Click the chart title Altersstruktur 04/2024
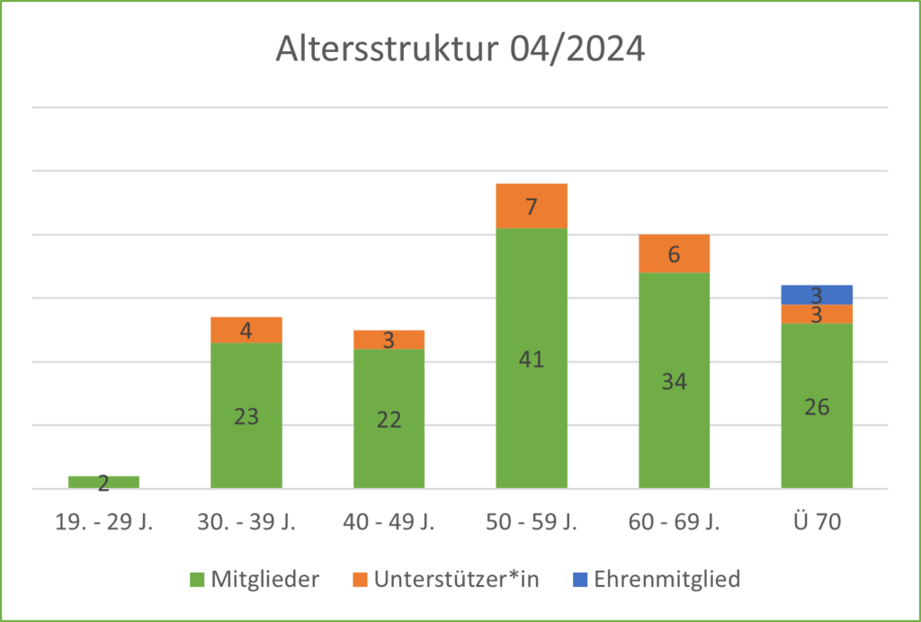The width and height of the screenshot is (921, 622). (x=460, y=49)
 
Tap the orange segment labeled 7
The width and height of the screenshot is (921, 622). (x=531, y=206)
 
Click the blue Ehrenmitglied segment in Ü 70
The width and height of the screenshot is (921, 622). (x=817, y=294)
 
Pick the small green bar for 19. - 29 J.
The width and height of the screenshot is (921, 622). (x=103, y=482)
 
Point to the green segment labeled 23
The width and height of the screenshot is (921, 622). (x=246, y=415)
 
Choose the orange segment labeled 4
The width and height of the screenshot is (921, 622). (x=246, y=330)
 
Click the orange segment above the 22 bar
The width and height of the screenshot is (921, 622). (x=389, y=339)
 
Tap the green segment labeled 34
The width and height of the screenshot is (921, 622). (x=674, y=380)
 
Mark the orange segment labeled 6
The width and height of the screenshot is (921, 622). (x=674, y=253)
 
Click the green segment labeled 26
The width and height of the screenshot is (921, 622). (x=817, y=405)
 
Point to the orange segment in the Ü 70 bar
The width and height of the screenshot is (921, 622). (x=817, y=314)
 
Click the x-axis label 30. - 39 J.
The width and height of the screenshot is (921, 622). (x=246, y=522)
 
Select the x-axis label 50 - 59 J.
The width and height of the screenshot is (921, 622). (x=531, y=522)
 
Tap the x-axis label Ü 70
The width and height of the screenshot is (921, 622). (x=817, y=522)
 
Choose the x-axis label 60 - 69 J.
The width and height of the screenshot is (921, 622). (x=674, y=522)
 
